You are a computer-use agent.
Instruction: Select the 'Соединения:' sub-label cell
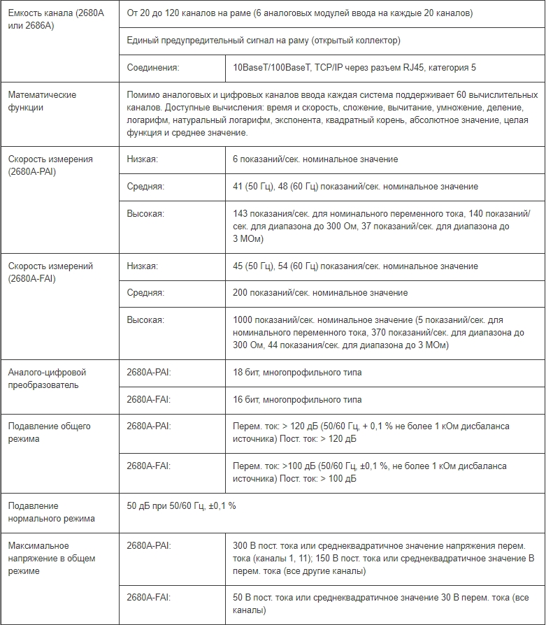(153, 67)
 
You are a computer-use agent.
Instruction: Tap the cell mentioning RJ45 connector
(354, 67)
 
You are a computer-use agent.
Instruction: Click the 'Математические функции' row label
(42, 101)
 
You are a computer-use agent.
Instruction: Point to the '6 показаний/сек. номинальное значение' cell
(315, 159)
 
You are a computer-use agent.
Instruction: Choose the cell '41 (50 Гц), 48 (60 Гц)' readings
(355, 187)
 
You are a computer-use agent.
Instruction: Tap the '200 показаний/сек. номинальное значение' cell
(320, 292)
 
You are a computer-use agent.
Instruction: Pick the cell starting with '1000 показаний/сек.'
(378, 332)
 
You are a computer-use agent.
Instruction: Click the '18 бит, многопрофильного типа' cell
(297, 373)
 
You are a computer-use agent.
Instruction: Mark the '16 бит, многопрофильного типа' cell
(297, 399)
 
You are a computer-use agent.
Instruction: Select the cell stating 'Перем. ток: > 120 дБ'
(371, 432)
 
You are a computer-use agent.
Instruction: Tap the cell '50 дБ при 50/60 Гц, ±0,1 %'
(181, 505)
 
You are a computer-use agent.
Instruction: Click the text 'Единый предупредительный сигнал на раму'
(264, 41)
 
